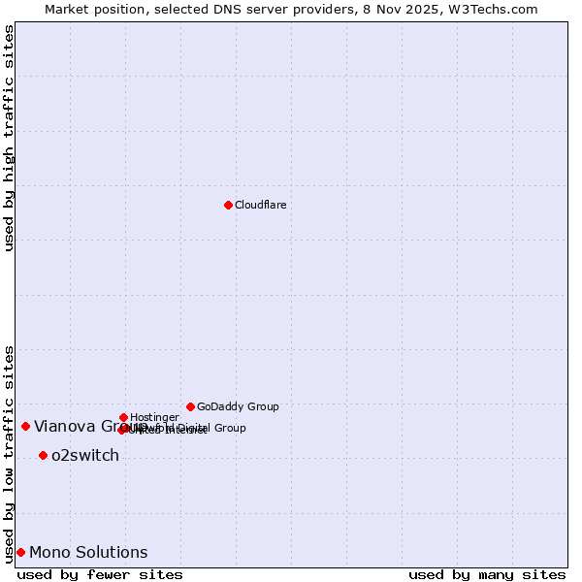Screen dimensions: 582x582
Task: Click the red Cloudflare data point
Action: point(228,205)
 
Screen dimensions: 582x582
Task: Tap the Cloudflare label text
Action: point(260,205)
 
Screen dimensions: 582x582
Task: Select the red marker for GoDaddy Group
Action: point(190,406)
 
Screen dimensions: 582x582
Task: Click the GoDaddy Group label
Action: point(238,406)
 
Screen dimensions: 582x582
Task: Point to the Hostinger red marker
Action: point(123,417)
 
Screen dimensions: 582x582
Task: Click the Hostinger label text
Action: point(154,417)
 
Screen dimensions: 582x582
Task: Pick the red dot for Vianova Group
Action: point(25,426)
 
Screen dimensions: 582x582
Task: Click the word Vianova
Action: point(64,426)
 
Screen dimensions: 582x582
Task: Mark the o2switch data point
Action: point(43,455)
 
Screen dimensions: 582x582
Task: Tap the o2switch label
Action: point(85,455)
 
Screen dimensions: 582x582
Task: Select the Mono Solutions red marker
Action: point(20,552)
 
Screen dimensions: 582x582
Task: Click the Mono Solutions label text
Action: point(88,552)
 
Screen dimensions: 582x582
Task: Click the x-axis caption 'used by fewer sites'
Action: point(100,574)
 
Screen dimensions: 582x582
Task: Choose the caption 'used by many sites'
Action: point(487,574)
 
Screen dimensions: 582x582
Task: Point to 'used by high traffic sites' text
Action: point(9,138)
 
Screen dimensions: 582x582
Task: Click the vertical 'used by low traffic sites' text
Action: point(9,453)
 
